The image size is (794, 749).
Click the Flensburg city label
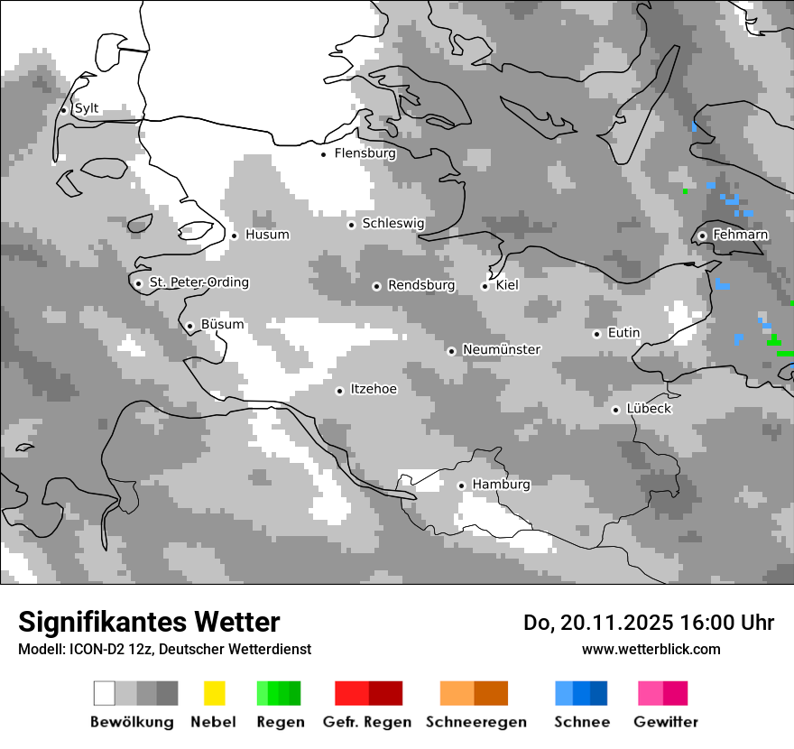pyautogui.click(x=365, y=153)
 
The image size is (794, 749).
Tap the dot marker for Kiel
pyautogui.click(x=485, y=286)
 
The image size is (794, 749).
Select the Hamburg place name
pyautogui.click(x=501, y=485)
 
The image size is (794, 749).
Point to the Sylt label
pyautogui.click(x=87, y=108)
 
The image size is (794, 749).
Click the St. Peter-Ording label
pyautogui.click(x=198, y=282)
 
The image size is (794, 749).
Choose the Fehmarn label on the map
pyautogui.click(x=740, y=235)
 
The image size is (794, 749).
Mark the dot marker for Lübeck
pyautogui.click(x=616, y=410)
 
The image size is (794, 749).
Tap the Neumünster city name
pyautogui.click(x=501, y=349)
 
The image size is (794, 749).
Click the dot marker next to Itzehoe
pyautogui.click(x=339, y=391)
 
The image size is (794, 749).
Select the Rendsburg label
pyautogui.click(x=421, y=285)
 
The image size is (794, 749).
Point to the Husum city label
pyautogui.click(x=267, y=235)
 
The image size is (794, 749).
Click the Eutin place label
pyautogui.click(x=623, y=333)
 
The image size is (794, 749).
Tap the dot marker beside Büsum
pyautogui.click(x=189, y=326)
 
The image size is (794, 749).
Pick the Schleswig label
pyautogui.click(x=392, y=223)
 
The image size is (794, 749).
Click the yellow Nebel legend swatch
pyautogui.click(x=214, y=693)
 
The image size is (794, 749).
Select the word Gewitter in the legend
pyautogui.click(x=665, y=722)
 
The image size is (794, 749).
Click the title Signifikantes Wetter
pyautogui.click(x=149, y=622)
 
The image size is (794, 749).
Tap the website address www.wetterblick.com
pyautogui.click(x=651, y=649)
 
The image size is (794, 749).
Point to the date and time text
pyautogui.click(x=648, y=623)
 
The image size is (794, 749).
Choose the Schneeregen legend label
pyautogui.click(x=475, y=722)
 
